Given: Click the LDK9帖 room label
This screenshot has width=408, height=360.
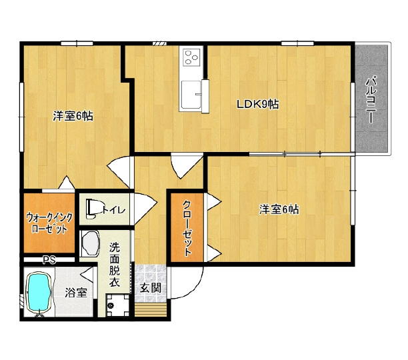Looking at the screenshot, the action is pos(257,104).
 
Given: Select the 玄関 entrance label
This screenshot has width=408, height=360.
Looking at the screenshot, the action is pos(151,287).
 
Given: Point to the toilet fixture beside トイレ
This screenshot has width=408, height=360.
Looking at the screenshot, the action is pos(91,209).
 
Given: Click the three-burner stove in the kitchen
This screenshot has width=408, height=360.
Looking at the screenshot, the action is pos(191,57).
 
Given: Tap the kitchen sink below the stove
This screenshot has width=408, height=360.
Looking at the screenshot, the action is pos(191,95).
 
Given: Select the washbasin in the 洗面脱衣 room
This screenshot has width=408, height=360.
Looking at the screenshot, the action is pos(91,244).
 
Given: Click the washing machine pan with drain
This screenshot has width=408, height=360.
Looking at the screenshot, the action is pos(118,305).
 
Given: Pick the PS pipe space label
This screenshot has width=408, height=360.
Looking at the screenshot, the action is pos(49,260).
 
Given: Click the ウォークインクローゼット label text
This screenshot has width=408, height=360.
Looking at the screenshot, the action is pos(49,223).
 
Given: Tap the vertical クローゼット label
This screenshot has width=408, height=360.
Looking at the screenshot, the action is pos(187,228).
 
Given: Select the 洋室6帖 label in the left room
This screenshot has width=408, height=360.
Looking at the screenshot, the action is pos(73,116).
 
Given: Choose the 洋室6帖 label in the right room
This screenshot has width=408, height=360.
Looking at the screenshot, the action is pos(279,209).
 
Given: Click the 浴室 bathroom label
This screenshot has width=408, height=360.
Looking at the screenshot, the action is pos(75,293).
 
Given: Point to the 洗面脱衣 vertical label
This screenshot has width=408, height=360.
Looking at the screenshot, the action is pos(115,265).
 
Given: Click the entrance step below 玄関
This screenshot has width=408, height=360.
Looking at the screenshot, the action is pos(151,309).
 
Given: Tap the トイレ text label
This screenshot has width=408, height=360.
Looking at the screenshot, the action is pos(114,210).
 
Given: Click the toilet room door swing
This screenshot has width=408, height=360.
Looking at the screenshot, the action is pos(145,208).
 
